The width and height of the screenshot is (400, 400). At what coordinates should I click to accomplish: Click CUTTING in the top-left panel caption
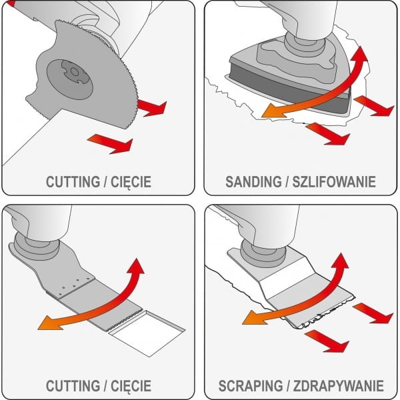[x=73, y=181]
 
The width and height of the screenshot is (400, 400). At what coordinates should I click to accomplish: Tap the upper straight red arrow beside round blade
[x=151, y=107]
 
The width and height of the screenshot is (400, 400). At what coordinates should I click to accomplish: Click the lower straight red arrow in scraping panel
[x=329, y=338]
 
